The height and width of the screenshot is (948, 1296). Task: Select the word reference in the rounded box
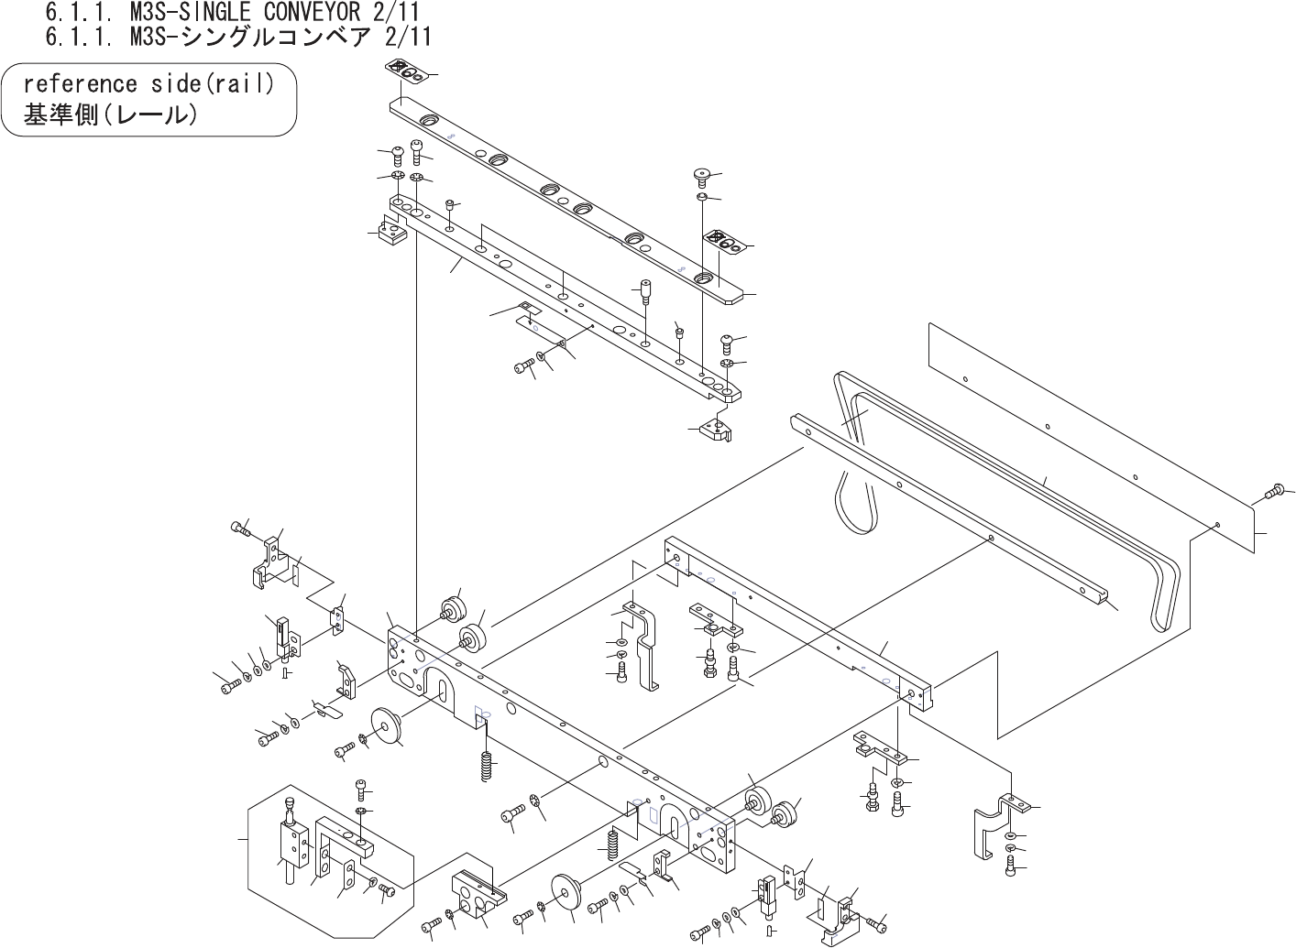(78, 84)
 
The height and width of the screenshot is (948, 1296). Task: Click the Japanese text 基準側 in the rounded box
(60, 116)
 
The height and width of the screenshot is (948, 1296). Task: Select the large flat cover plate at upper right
(1091, 440)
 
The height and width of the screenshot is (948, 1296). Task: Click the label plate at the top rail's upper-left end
(403, 70)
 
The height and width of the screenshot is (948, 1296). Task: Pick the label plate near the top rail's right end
(723, 243)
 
